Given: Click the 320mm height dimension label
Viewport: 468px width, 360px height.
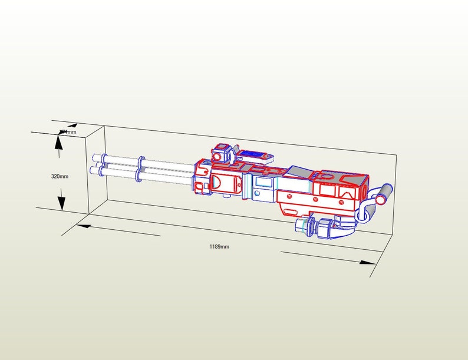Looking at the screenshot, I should [60, 176].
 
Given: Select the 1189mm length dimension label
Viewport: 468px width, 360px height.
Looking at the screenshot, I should [219, 246].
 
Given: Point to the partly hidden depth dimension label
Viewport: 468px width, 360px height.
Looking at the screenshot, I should [68, 132].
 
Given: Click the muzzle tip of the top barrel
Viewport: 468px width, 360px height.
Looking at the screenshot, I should [95, 158].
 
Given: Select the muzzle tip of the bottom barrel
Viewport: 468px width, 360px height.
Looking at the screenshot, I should [93, 170].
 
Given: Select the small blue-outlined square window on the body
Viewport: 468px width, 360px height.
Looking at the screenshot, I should [263, 183].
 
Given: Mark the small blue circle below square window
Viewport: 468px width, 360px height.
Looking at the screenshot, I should [259, 195].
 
